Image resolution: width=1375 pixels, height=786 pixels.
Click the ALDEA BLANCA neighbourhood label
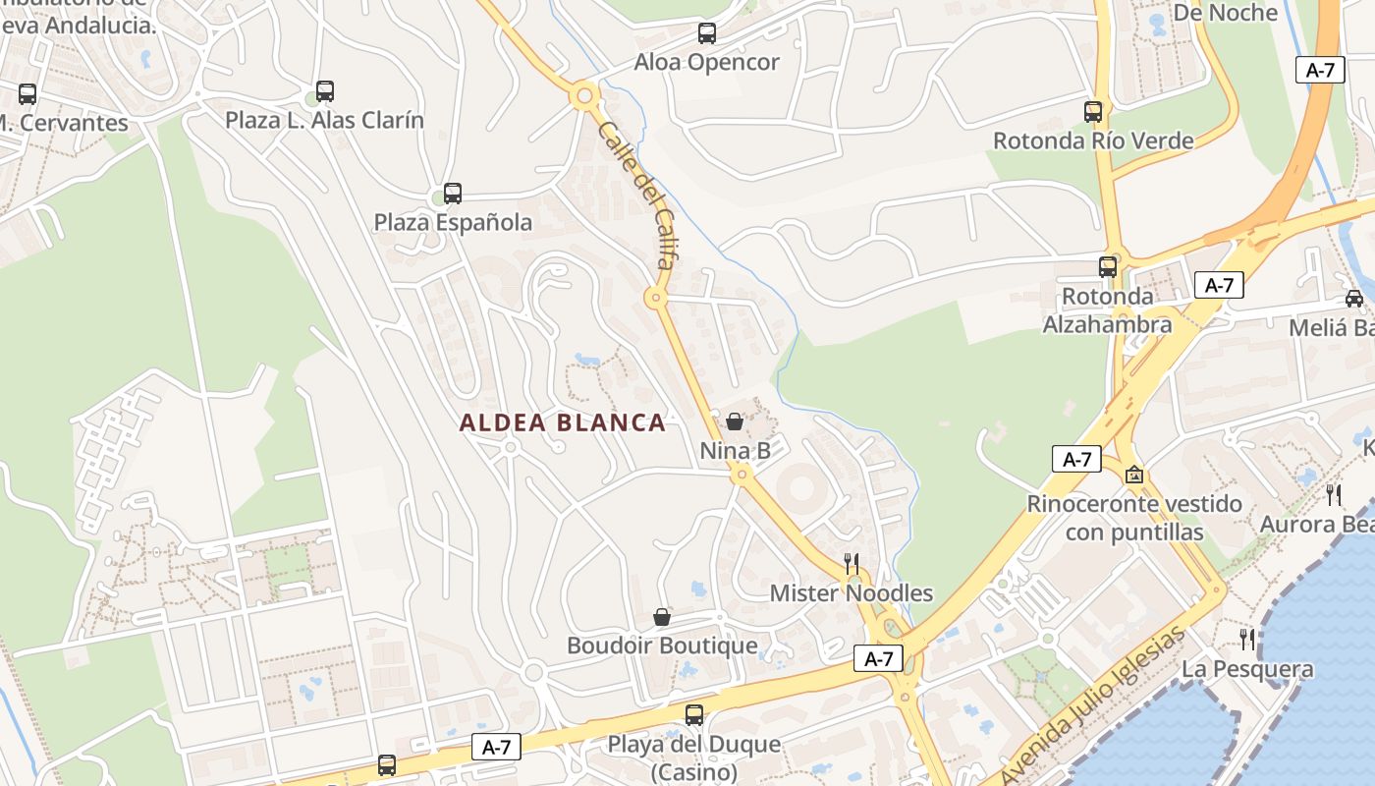coord(563,423)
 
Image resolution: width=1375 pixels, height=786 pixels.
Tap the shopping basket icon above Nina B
coord(734,421)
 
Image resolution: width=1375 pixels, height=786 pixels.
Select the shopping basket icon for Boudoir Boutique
coord(662,617)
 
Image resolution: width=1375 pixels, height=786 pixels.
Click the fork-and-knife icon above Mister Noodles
coord(852,564)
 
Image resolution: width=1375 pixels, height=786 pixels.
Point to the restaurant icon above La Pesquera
coord(1247,640)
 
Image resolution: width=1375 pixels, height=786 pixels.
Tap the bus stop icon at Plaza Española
coord(452,194)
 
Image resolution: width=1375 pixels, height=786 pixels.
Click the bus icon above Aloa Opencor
coord(707,33)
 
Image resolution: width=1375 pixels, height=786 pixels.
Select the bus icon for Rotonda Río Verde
coord(1093,112)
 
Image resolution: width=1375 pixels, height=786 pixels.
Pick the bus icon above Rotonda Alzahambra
coord(1108,266)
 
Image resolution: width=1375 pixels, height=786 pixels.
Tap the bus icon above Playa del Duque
coord(694,715)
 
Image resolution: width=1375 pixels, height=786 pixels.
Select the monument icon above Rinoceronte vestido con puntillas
coord(1134,476)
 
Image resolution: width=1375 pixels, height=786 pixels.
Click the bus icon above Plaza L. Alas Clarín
coord(325,91)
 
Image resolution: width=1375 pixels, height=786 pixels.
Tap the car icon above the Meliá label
coord(1354,299)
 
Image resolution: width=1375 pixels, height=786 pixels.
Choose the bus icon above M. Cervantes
coord(27,94)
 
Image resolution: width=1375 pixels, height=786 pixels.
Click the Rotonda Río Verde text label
coord(1093,140)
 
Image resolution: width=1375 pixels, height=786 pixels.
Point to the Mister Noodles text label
coord(851,593)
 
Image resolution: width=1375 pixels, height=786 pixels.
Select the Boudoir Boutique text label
coord(662,646)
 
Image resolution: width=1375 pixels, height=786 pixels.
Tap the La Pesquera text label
coord(1247,669)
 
